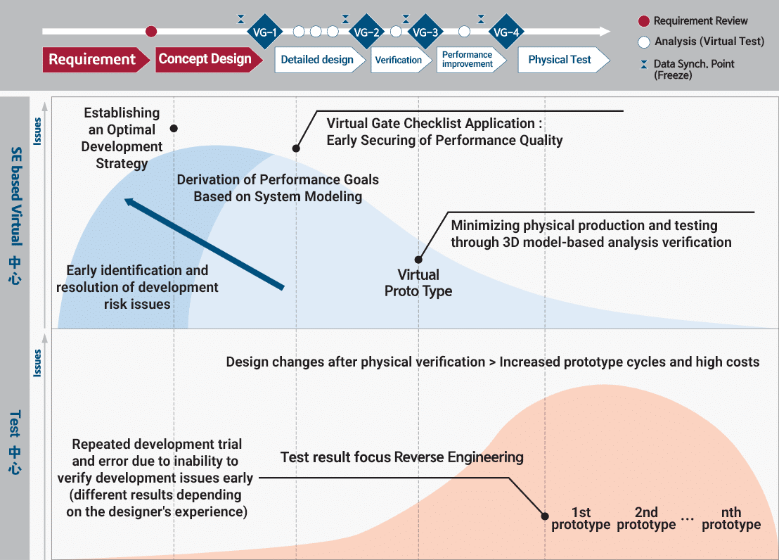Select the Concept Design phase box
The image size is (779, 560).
(x=208, y=60)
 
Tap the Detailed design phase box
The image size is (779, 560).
(x=319, y=60)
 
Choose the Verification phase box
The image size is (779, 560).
(x=401, y=60)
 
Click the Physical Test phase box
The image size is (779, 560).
(x=563, y=60)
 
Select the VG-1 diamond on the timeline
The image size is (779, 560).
(x=265, y=32)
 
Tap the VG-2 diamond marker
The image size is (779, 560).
(x=366, y=32)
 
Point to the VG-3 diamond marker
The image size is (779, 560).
(x=426, y=32)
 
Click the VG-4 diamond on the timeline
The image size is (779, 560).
(x=506, y=32)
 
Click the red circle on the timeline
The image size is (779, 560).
(x=151, y=32)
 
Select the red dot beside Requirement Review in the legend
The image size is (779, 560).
(x=644, y=21)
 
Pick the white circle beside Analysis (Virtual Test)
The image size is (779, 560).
(x=644, y=42)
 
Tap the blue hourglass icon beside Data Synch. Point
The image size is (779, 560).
(x=644, y=64)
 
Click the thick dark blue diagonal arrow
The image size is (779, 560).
(x=204, y=243)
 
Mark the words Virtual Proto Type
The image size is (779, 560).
(x=418, y=283)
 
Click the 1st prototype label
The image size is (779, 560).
(x=581, y=518)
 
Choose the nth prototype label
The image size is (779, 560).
(x=731, y=518)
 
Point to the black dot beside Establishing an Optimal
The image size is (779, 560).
(x=174, y=128)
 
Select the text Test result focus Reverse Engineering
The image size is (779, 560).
(x=402, y=457)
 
